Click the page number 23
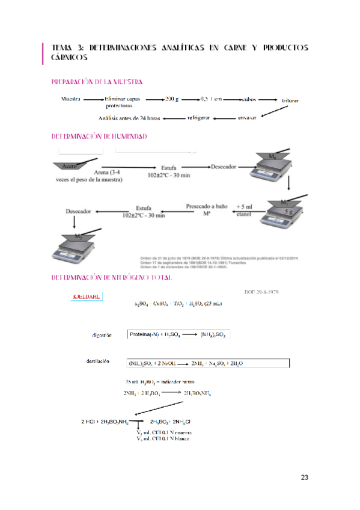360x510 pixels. coord(305,478)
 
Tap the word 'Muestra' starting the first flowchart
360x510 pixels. coord(71,99)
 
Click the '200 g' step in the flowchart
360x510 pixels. coord(172,99)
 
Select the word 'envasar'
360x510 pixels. coord(247,117)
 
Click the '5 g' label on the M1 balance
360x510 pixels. coord(289,212)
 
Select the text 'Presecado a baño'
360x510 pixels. coord(206,206)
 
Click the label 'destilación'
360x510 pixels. coord(98,361)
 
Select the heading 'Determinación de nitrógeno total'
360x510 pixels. coord(103,277)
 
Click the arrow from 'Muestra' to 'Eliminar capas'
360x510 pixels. coord(94,99)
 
